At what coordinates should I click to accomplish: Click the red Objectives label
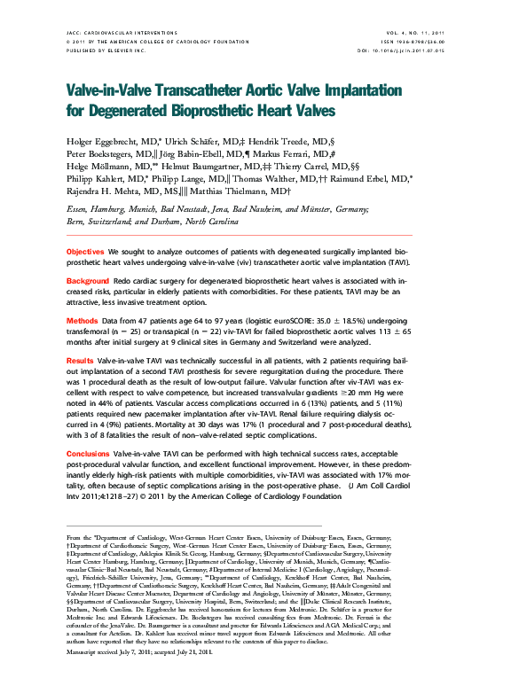tap(85, 253)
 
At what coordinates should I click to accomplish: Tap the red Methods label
tap(82, 319)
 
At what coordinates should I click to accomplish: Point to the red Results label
tap(80, 361)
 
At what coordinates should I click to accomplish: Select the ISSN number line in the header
tap(412, 41)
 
